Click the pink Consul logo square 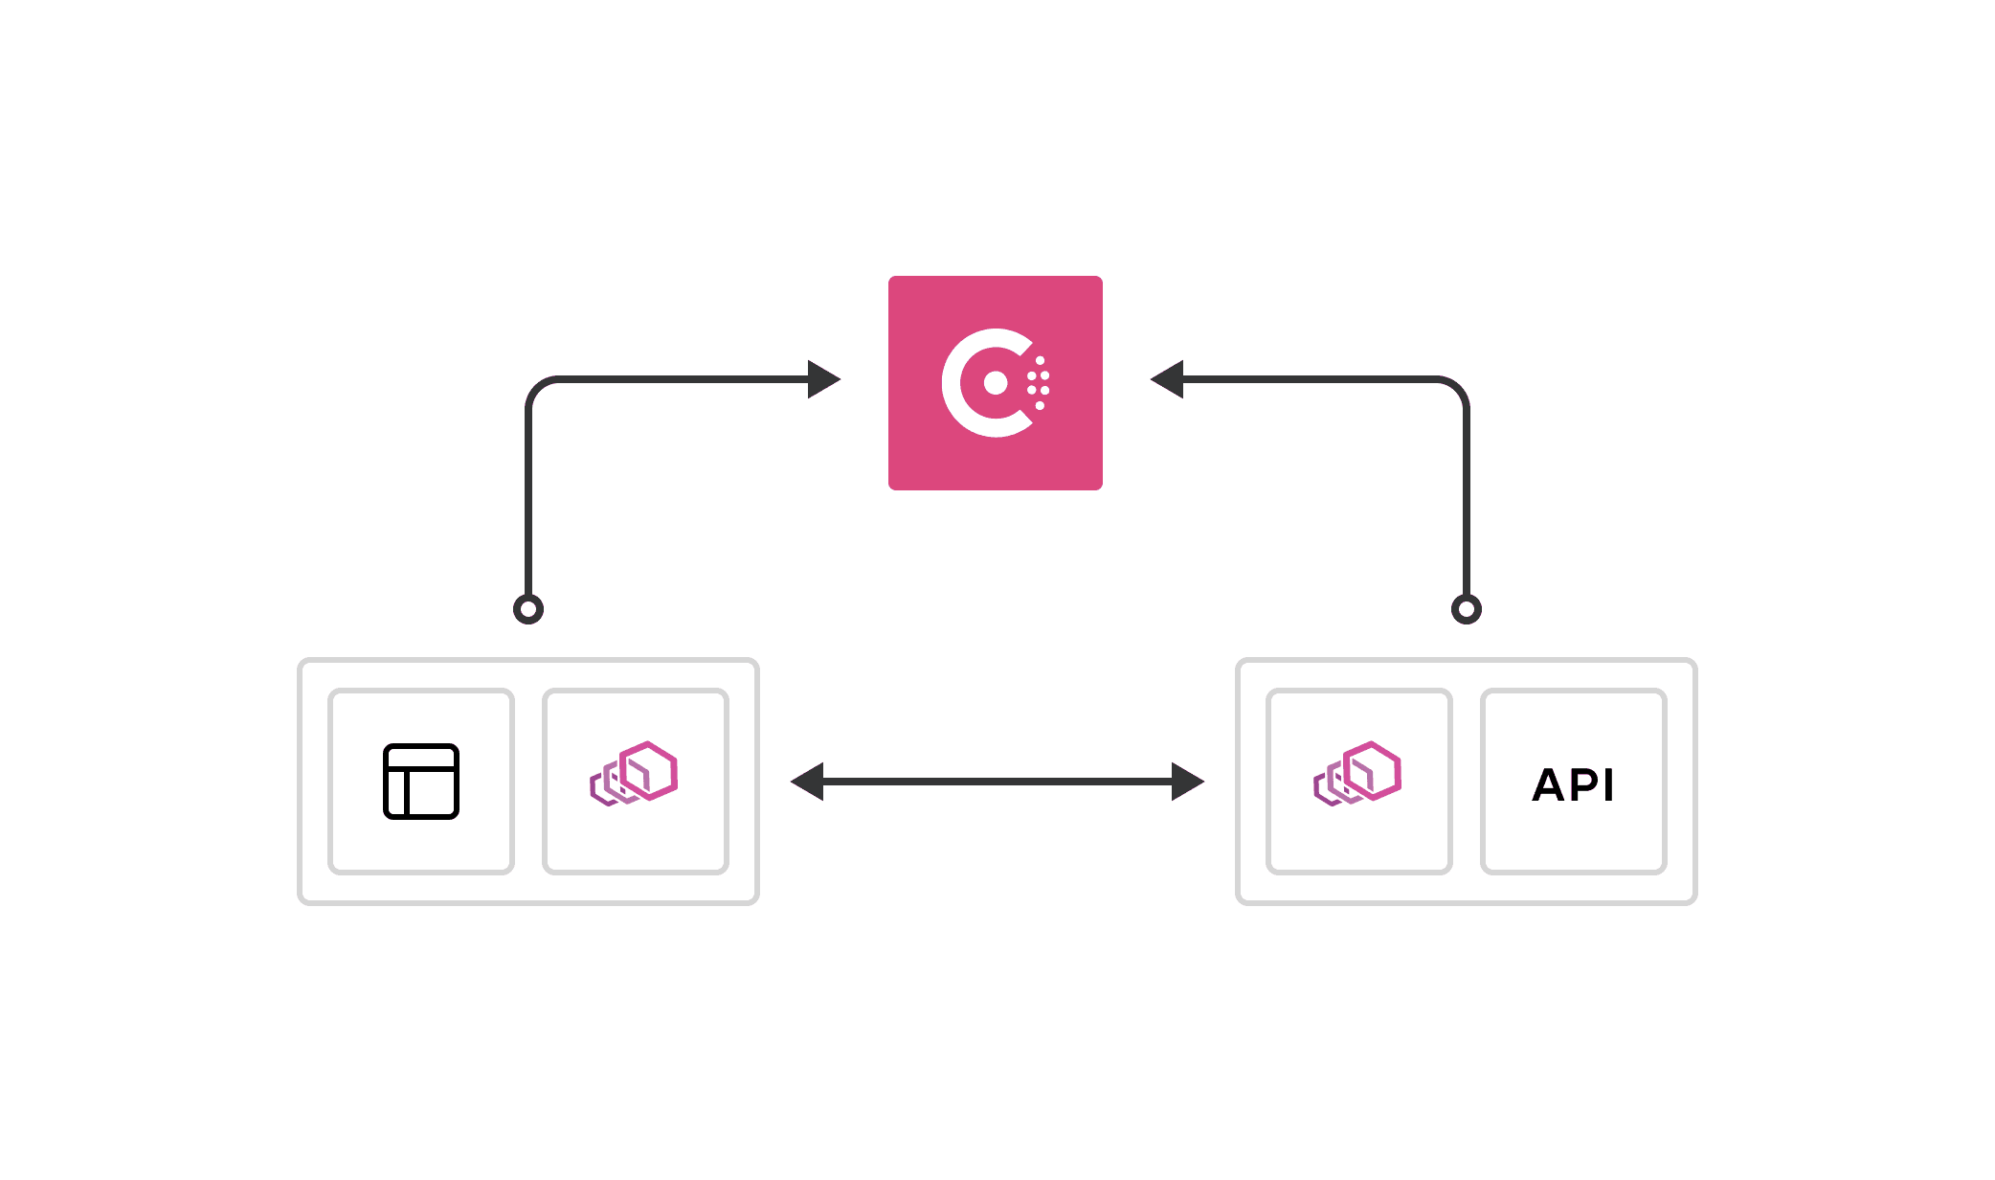[995, 306]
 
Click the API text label [1573, 784]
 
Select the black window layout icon [421, 782]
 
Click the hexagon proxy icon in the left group [635, 773]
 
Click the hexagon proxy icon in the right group [1358, 773]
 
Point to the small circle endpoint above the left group [528, 609]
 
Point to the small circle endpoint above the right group [1466, 609]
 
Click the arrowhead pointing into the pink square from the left [822, 379]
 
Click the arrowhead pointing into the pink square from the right [1168, 379]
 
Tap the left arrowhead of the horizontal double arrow [808, 782]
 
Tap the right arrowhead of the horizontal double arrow [1187, 782]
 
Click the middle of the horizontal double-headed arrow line [997, 782]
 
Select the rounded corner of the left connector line [537, 389]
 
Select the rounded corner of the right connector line [1457, 389]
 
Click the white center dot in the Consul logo [996, 383]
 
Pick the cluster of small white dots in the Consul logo [1039, 383]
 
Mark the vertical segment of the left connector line [528, 498]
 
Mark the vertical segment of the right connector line [1466, 498]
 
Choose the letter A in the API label [1549, 785]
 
